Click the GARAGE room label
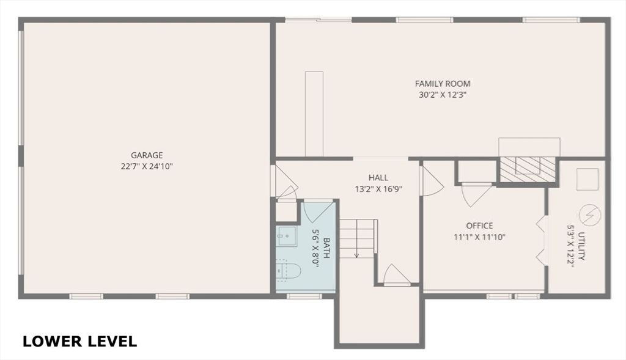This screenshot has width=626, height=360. tap(147, 155)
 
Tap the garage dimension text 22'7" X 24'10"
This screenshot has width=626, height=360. tap(147, 166)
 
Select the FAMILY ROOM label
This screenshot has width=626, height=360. tap(443, 84)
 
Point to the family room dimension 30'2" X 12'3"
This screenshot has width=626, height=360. tap(443, 95)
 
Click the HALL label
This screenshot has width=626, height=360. tap(378, 178)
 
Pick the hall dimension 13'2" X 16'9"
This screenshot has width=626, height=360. tap(378, 189)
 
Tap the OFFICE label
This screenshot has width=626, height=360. tap(479, 226)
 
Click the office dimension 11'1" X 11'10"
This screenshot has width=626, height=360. tap(479, 237)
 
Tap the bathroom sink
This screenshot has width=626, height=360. tap(286, 235)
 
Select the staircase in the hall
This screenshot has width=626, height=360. tap(358, 238)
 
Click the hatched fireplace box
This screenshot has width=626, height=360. tap(528, 169)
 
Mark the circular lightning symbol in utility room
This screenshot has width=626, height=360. tap(589, 215)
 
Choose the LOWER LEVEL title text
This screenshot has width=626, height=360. tap(79, 342)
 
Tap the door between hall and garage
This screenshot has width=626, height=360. tap(285, 182)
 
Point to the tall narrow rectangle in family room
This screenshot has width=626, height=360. tap(314, 114)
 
